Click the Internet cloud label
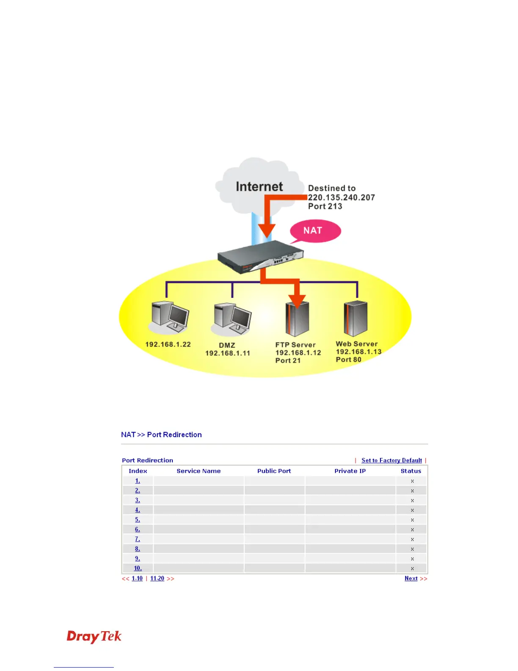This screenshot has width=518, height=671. (x=259, y=187)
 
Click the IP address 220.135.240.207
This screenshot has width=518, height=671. (x=341, y=197)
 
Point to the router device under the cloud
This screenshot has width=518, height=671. (x=260, y=256)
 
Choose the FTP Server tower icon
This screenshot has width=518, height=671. (x=297, y=320)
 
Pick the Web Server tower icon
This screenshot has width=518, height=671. (x=355, y=319)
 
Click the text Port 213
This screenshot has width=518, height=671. (x=325, y=206)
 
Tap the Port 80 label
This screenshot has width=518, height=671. (x=348, y=360)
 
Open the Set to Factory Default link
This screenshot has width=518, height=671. (x=391, y=460)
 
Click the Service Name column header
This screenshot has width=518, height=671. (x=198, y=471)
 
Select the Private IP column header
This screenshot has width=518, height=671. (x=350, y=471)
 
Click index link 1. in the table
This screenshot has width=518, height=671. (x=138, y=481)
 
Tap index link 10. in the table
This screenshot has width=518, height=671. (x=138, y=568)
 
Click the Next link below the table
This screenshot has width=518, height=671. (x=411, y=579)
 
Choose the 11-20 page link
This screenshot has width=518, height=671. (x=157, y=579)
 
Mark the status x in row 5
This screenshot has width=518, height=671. (x=412, y=520)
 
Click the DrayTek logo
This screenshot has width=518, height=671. (x=94, y=637)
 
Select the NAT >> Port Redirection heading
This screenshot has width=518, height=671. (x=161, y=435)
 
